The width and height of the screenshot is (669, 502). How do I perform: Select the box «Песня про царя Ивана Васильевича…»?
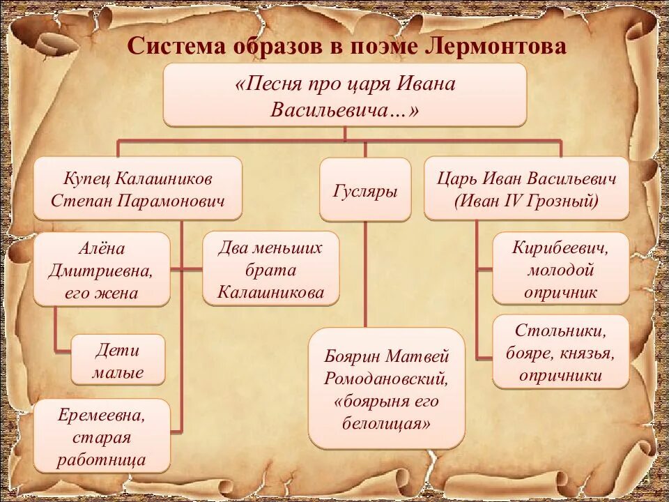coord(345,96)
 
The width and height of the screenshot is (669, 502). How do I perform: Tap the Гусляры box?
coord(364,190)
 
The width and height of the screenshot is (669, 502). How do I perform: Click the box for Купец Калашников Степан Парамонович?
coord(138,190)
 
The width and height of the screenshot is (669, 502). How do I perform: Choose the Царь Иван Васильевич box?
coord(527,190)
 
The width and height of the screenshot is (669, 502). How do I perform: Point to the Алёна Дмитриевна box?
coord(101,270)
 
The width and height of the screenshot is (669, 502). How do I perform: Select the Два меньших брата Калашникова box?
coord(271,270)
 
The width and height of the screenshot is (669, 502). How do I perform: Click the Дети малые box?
coord(118,360)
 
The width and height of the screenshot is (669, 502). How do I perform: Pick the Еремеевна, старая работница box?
coord(102,437)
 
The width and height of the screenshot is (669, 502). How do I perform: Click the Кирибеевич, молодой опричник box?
coord(560,269)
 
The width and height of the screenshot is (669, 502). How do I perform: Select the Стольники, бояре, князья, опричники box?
coord(560,353)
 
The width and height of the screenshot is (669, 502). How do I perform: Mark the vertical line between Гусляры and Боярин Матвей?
coord(364,272)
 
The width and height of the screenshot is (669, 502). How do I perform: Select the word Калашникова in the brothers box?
coord(271,292)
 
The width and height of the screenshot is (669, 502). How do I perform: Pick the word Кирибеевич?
coord(560,248)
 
